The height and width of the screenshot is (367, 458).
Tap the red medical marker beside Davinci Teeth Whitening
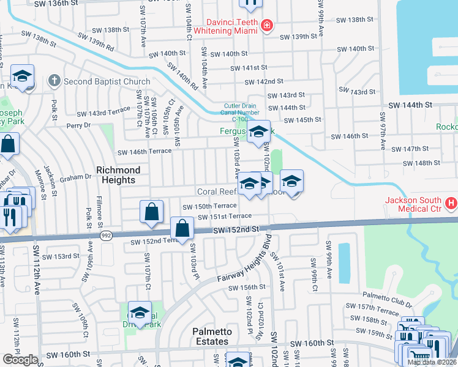[x=266, y=25]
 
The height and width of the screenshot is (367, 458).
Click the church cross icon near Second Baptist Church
[x=54, y=81]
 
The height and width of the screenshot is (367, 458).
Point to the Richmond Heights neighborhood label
[x=118, y=174]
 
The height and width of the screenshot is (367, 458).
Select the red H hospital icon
[x=451, y=202]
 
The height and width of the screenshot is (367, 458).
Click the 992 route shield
[x=105, y=235]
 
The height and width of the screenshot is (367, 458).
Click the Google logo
[x=20, y=360]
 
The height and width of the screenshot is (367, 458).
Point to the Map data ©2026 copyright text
[x=432, y=362]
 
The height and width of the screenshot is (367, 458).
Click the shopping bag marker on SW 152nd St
[x=182, y=229]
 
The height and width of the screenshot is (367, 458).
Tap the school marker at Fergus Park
[x=258, y=131]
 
